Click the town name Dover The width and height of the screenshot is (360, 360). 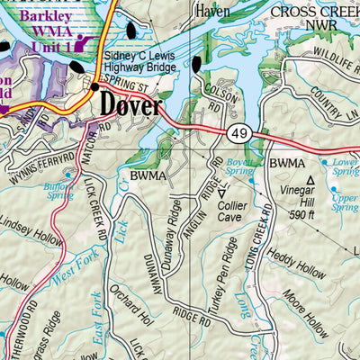131,105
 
